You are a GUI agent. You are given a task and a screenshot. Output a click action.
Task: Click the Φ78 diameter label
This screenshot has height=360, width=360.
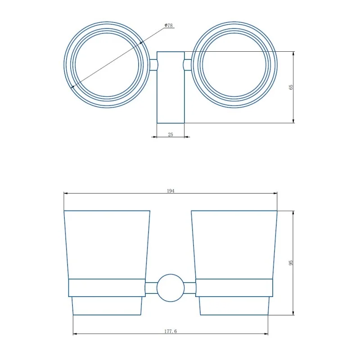[168, 25]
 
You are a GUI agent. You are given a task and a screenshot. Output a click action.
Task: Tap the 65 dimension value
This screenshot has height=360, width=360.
[291, 87]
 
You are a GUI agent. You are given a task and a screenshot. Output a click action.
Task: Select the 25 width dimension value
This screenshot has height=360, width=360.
[171, 135]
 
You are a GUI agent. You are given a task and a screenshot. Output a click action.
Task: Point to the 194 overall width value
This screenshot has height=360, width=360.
[171, 191]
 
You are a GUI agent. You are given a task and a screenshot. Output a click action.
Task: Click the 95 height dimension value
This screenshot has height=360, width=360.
[291, 263]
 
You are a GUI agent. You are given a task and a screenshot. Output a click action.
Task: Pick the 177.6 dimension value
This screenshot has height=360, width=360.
[171, 331]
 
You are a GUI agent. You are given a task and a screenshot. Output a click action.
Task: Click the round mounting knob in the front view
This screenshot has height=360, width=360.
[171, 288]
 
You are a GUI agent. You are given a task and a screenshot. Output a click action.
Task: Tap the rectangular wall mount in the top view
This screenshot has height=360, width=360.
[171, 87]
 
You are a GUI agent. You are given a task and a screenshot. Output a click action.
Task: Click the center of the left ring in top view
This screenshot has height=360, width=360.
[107, 65]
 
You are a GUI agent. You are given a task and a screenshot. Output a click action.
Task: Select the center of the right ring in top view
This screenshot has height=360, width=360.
[234, 65]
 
